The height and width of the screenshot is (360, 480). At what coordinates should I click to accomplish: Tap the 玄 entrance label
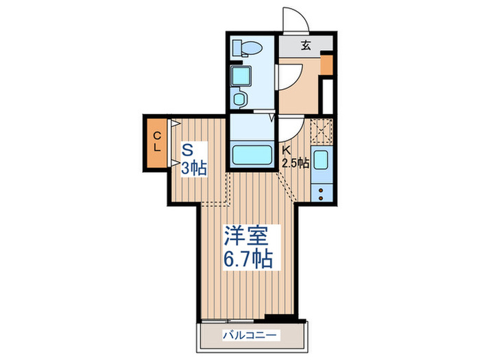point(305,46)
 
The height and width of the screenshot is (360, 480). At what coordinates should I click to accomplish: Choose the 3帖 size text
point(194,167)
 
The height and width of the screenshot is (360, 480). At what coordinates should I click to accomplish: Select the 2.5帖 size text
point(296,163)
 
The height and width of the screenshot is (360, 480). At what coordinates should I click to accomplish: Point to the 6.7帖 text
point(247,259)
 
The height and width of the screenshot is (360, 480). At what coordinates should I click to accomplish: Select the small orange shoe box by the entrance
point(326,65)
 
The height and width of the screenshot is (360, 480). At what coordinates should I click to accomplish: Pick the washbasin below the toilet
point(241,75)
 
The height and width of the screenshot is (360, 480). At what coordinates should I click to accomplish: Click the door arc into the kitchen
point(289,127)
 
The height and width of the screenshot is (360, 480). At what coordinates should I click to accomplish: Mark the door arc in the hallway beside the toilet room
point(289,77)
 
